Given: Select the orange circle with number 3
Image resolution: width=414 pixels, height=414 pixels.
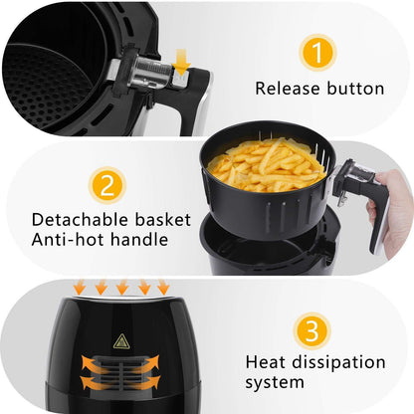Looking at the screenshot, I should tap(311, 329).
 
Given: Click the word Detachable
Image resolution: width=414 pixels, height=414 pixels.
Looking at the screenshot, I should tap(79, 219).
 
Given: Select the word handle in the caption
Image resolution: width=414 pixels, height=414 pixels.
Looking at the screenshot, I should tap(136, 240).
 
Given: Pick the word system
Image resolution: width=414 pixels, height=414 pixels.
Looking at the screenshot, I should tap(275, 382).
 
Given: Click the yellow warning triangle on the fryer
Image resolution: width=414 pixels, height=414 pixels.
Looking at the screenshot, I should tap(121, 341).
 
